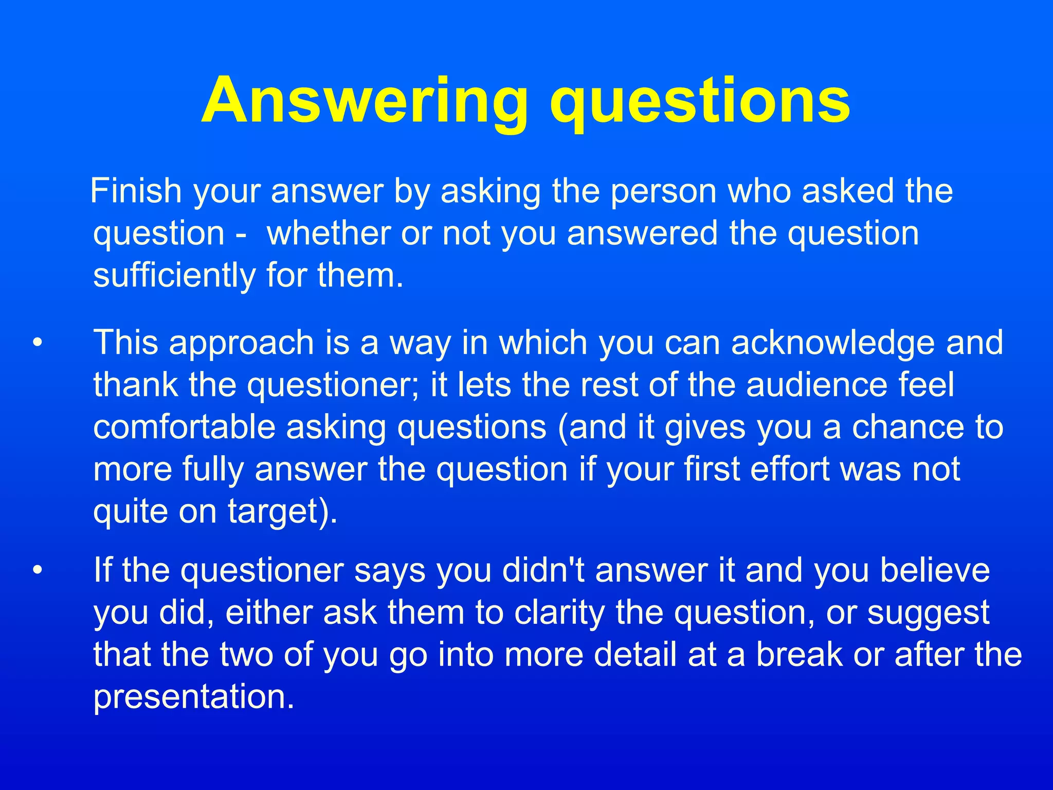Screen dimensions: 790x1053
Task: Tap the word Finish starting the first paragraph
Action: pyautogui.click(x=136, y=191)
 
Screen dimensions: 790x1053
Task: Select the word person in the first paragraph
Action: pyautogui.click(x=664, y=192)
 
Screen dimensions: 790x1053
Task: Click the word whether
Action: pyautogui.click(x=329, y=233)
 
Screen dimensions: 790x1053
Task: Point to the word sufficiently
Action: pyautogui.click(x=174, y=276)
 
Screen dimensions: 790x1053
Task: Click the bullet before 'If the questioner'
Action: pyautogui.click(x=37, y=571)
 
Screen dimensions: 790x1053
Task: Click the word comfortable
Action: pyautogui.click(x=184, y=427)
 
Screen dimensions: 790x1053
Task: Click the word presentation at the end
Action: pyautogui.click(x=194, y=697)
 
